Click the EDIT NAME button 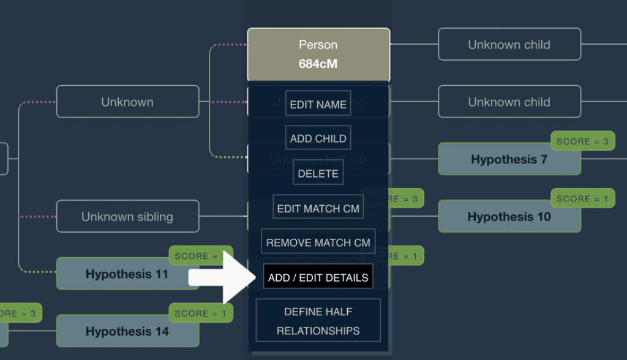[318, 104]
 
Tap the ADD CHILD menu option [318, 138]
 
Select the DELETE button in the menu [318, 173]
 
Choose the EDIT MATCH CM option [318, 208]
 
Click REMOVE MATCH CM [318, 242]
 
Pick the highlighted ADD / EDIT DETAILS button [318, 277]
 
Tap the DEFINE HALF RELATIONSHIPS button [318, 321]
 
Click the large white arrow [220, 277]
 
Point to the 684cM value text [318, 64]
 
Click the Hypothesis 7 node [509, 160]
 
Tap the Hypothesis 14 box [127, 332]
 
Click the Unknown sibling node [127, 217]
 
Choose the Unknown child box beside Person [509, 45]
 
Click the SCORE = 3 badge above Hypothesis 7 [582, 141]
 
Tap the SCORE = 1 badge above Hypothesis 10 [582, 199]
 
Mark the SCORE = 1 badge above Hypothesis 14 [200, 313]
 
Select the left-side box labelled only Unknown [127, 102]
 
